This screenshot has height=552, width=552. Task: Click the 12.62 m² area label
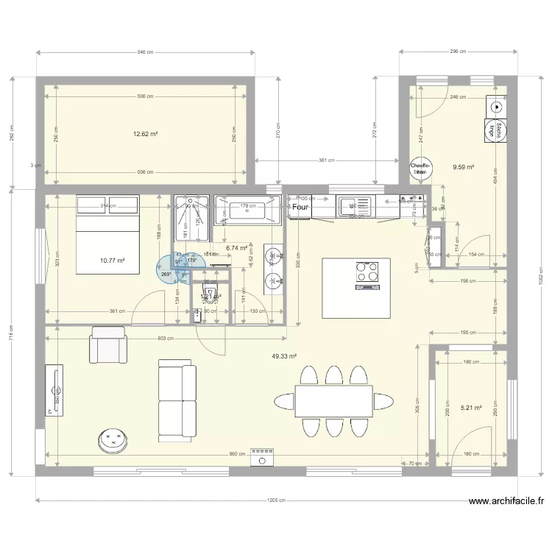pyautogui.click(x=146, y=135)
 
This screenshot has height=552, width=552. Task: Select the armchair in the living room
pyautogui.click(x=108, y=345)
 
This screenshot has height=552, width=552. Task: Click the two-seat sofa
pyautogui.click(x=177, y=400)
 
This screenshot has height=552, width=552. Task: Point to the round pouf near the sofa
pyautogui.click(x=113, y=439)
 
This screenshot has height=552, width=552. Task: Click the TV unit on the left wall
pyautogui.click(x=54, y=390)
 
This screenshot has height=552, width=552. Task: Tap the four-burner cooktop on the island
pyautogui.click(x=367, y=272)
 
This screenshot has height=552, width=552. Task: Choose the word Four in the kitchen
pyautogui.click(x=300, y=208)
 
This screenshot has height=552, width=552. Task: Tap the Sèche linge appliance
pyautogui.click(x=498, y=130)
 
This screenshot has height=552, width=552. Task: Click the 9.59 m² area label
pyautogui.click(x=464, y=167)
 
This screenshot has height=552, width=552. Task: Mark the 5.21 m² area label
pyautogui.click(x=471, y=407)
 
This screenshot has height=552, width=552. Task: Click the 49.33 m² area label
pyautogui.click(x=284, y=356)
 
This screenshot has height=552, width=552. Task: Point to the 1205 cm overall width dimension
pyautogui.click(x=276, y=500)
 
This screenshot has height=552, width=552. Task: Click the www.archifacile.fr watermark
pyautogui.click(x=506, y=502)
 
